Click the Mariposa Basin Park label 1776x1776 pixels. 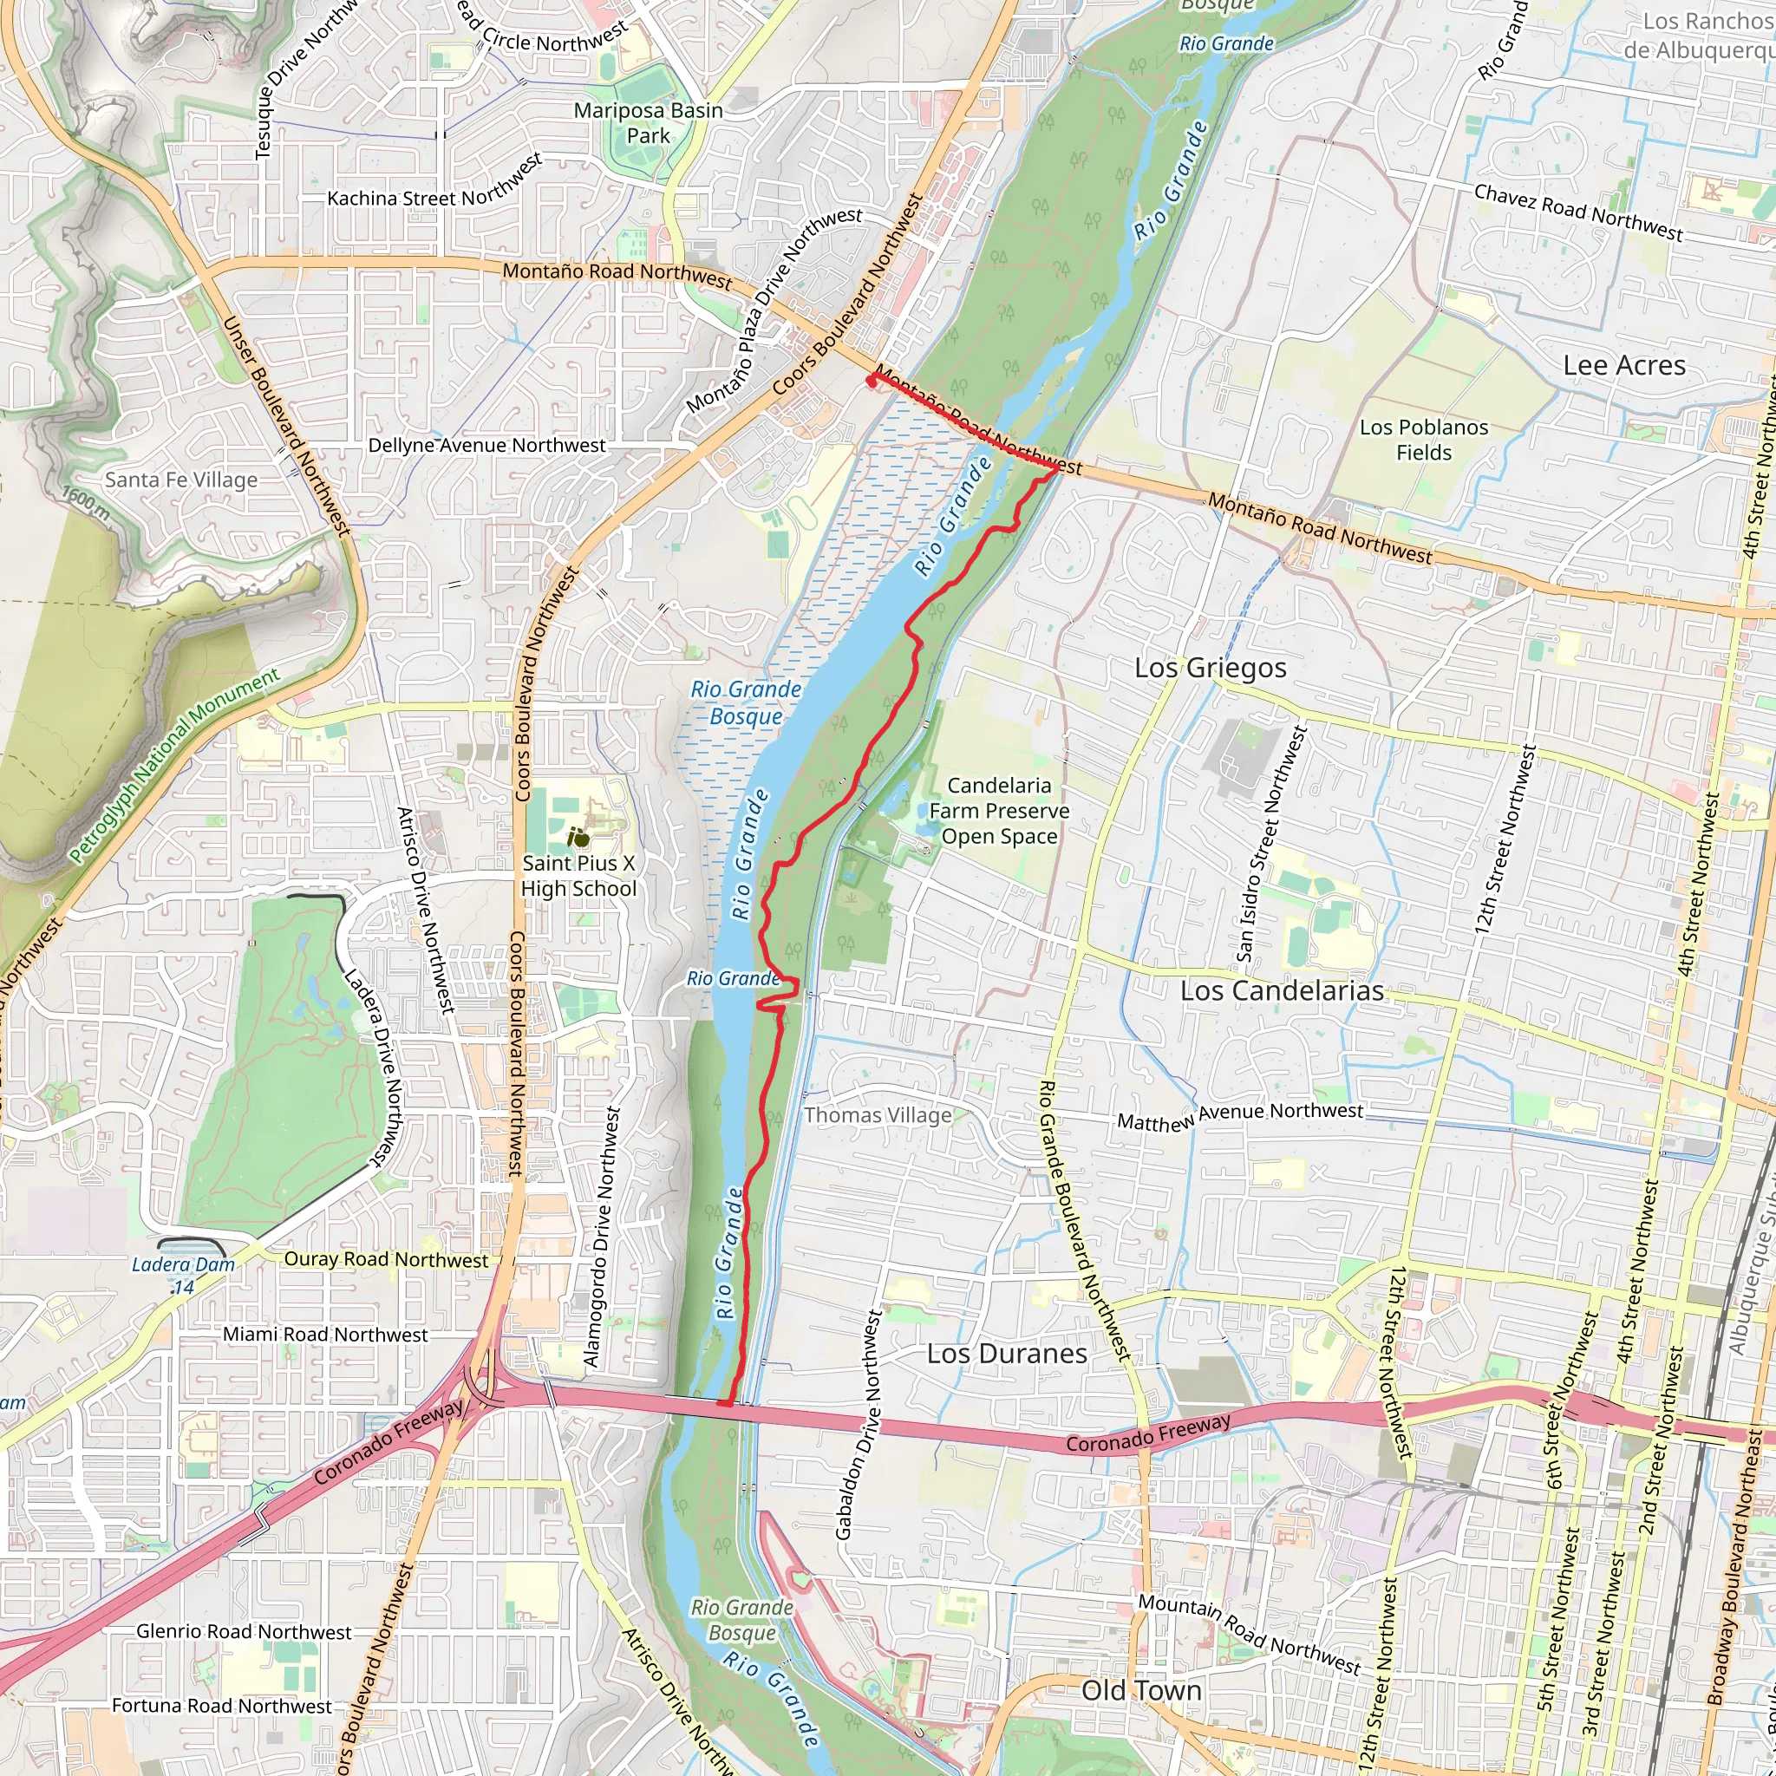pyautogui.click(x=648, y=123)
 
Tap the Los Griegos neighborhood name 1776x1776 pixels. pyautogui.click(x=1210, y=668)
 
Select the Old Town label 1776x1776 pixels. pyautogui.click(x=1141, y=1690)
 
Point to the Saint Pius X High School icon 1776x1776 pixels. pyautogui.click(x=578, y=838)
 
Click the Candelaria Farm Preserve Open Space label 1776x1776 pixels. pyautogui.click(x=998, y=811)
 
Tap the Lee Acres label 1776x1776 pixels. pyautogui.click(x=1624, y=366)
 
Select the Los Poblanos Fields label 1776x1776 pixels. pyautogui.click(x=1423, y=440)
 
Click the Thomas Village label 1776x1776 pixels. pyautogui.click(x=878, y=1115)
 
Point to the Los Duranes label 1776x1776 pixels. pyautogui.click(x=1007, y=1354)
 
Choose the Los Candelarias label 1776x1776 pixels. pyautogui.click(x=1282, y=991)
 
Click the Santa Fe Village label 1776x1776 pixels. pyautogui.click(x=181, y=480)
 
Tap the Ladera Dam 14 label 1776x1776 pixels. pyautogui.click(x=183, y=1275)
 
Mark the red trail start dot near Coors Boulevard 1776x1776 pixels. pyautogui.click(x=871, y=382)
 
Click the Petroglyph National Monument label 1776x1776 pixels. pyautogui.click(x=174, y=766)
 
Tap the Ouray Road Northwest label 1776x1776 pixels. pyautogui.click(x=386, y=1260)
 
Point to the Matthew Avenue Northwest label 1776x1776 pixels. pyautogui.click(x=1239, y=1117)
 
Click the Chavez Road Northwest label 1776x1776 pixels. pyautogui.click(x=1577, y=212)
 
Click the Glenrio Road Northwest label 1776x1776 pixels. pyautogui.click(x=244, y=1632)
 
